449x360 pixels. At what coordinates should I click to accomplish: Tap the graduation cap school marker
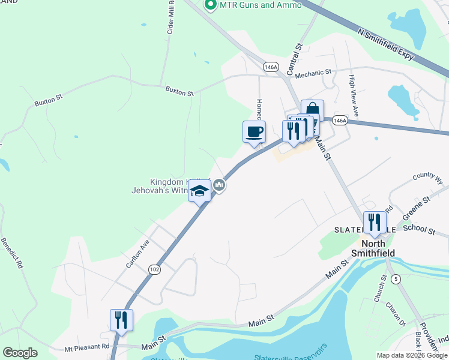[199, 191]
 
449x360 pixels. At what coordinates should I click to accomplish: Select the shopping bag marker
[312, 111]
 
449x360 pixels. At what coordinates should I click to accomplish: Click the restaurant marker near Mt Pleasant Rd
[121, 320]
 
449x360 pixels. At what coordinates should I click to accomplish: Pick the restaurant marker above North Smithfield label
[375, 223]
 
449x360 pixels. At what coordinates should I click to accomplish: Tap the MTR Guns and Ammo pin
[210, 5]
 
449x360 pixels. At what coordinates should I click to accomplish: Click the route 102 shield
[155, 270]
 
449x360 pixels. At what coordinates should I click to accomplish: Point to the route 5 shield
[395, 278]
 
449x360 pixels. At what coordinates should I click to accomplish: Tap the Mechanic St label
[313, 73]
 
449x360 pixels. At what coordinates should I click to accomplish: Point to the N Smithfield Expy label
[385, 44]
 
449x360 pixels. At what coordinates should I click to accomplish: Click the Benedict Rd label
[12, 253]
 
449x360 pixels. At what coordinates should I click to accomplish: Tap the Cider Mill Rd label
[171, 18]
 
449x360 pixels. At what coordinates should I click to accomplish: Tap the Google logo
[20, 353]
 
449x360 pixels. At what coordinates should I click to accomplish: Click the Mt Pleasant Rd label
[87, 346]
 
